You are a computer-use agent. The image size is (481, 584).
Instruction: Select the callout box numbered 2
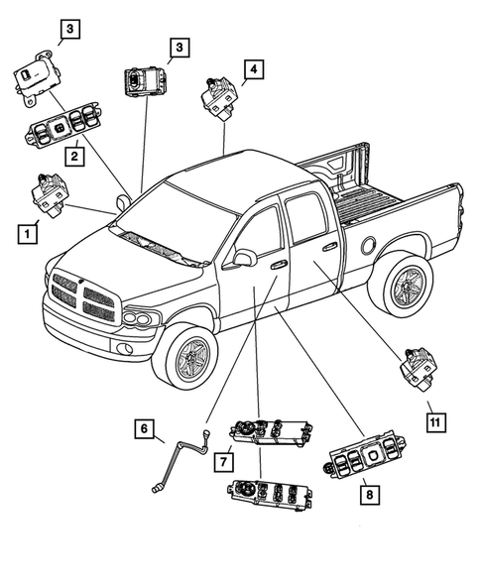point(73,155)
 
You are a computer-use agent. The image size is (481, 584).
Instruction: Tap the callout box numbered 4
point(255,68)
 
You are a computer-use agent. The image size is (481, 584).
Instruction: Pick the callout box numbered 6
point(146,428)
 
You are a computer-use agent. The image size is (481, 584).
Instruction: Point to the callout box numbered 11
point(433,421)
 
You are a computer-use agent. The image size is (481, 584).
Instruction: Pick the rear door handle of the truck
point(328,246)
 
